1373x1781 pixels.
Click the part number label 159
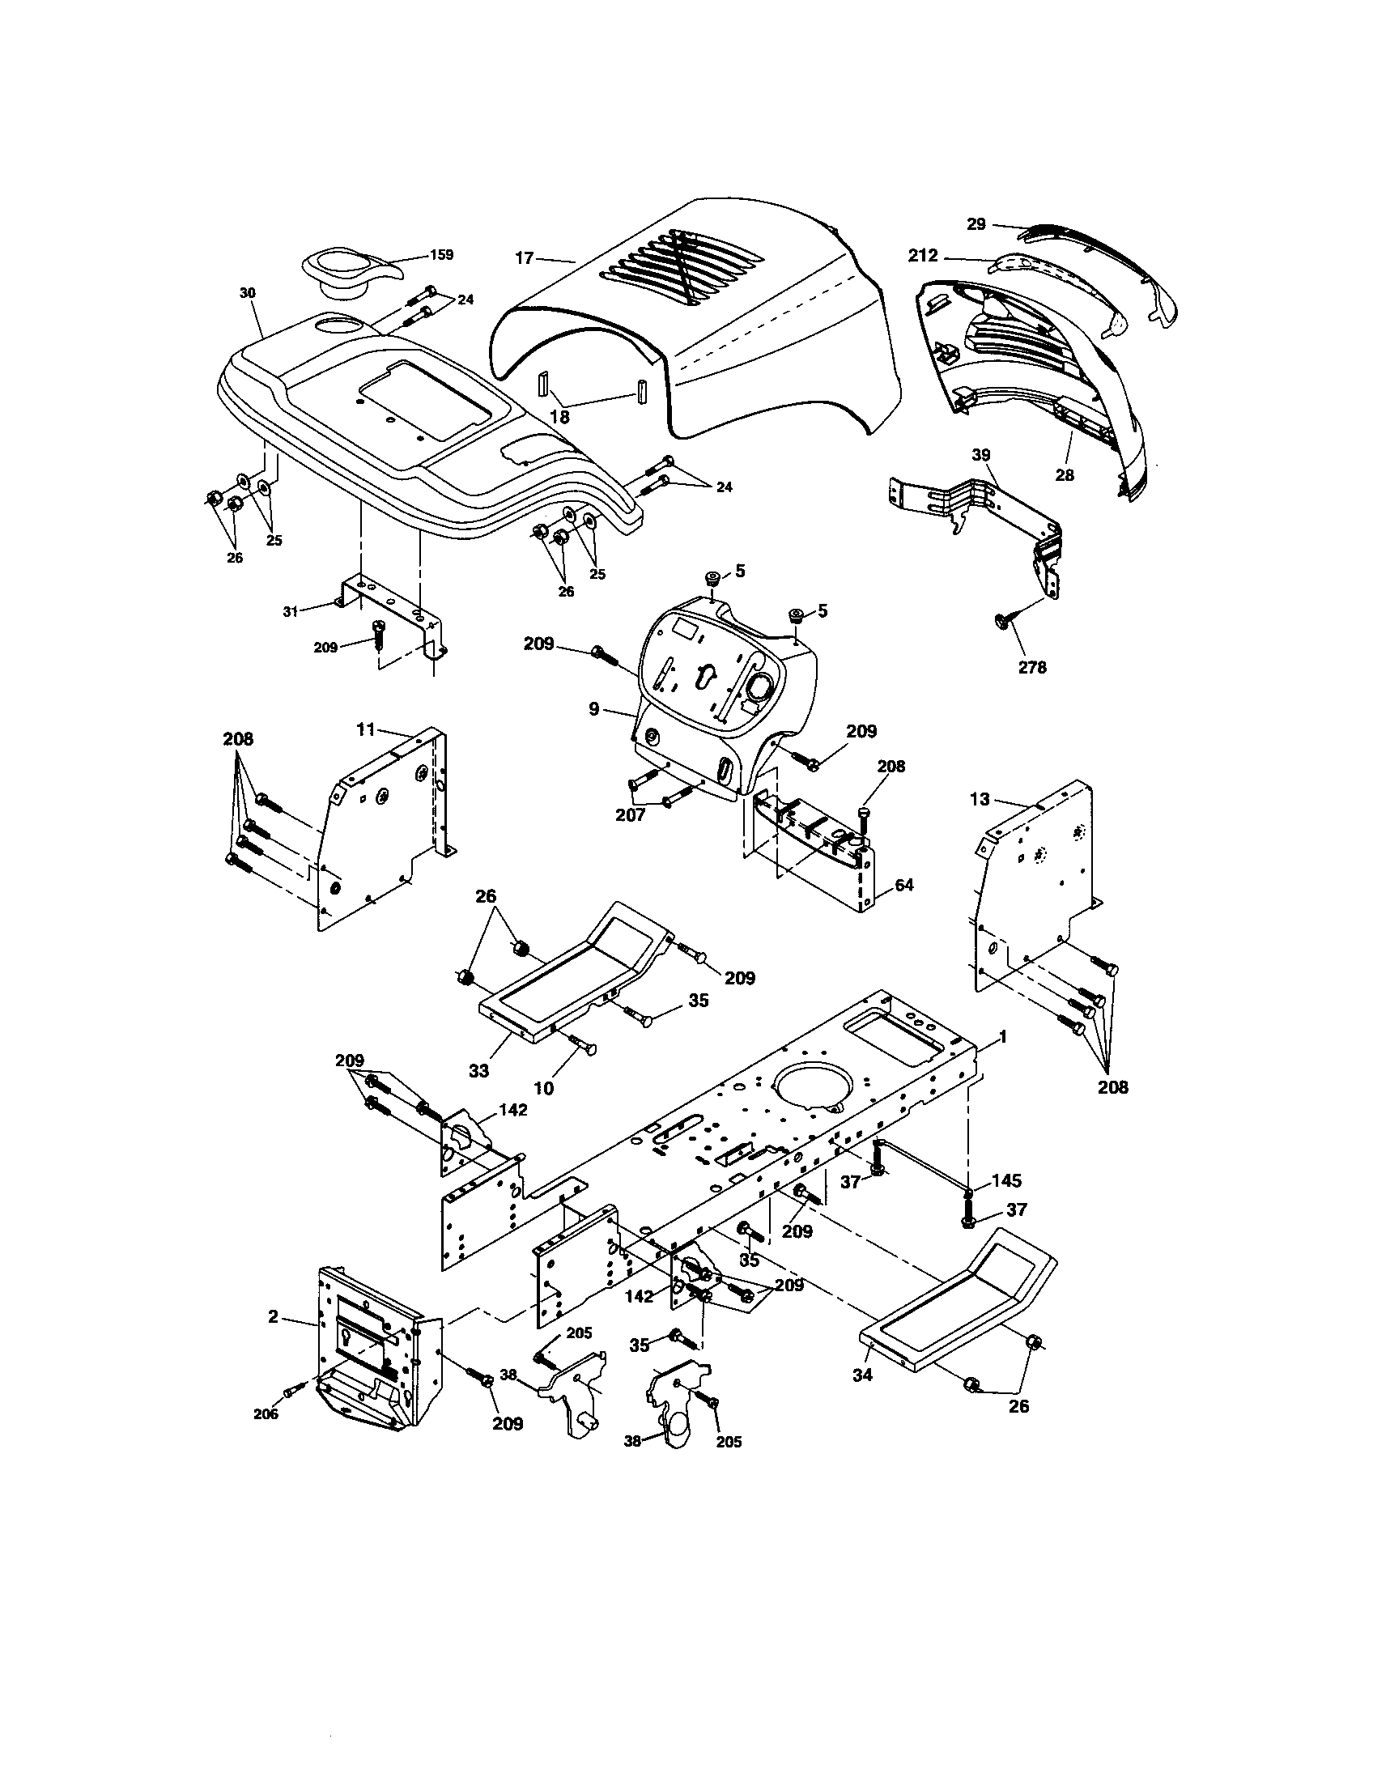coord(440,254)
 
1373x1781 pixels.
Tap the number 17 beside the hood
coord(525,258)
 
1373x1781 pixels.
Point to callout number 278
coord(1032,667)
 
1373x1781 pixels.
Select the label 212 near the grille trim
coord(923,256)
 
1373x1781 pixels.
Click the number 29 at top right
coord(976,223)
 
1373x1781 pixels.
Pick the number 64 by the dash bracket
coord(903,885)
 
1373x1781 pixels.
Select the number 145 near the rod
coord(1006,1181)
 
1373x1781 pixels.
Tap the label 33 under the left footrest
coord(478,1070)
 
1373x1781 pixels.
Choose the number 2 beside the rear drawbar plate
coord(273,1316)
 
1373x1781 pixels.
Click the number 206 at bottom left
coord(266,1414)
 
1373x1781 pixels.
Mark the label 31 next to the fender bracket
coord(291,610)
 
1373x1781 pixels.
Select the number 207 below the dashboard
coord(631,814)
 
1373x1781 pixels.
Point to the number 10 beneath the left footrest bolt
coord(543,1088)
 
